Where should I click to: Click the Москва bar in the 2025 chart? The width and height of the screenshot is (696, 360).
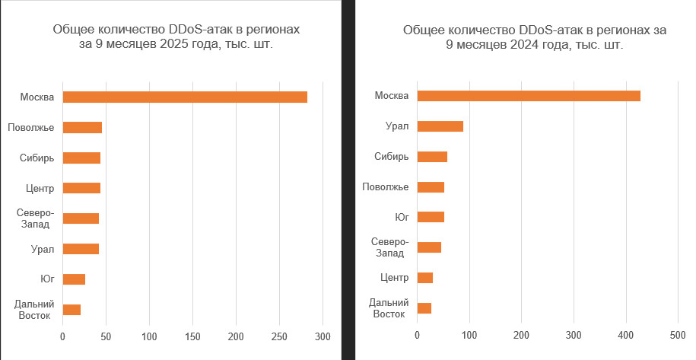(185, 97)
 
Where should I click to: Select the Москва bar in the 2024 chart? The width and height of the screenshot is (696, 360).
(529, 96)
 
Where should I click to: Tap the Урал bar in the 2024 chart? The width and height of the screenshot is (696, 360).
(440, 126)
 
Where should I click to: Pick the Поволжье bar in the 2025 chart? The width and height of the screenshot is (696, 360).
(82, 127)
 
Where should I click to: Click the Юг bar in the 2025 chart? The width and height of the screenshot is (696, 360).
(74, 279)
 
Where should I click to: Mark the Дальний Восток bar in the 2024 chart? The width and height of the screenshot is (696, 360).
(424, 308)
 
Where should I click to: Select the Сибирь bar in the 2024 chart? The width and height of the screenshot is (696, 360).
(432, 157)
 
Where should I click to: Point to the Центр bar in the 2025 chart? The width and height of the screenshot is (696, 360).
(81, 188)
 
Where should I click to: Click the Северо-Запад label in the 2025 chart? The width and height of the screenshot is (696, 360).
(34, 218)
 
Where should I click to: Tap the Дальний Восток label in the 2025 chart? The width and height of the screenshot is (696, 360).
(33, 310)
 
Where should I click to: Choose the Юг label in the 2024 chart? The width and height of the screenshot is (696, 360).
(402, 217)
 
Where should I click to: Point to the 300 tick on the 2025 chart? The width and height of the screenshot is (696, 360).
(323, 336)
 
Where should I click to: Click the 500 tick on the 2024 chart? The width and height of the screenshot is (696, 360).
(678, 334)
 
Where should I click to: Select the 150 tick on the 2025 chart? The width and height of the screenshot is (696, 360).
(193, 336)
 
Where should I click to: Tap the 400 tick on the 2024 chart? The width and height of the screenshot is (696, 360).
(625, 334)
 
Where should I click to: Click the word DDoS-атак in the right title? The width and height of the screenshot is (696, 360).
(547, 30)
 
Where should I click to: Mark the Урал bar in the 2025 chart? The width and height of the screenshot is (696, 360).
(81, 249)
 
